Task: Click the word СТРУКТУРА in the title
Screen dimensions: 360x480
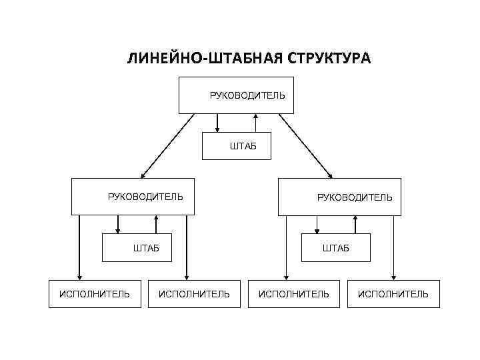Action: (x=329, y=59)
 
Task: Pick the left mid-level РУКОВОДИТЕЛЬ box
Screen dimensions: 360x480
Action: (x=133, y=197)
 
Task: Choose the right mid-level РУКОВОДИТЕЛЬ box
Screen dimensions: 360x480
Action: (x=339, y=197)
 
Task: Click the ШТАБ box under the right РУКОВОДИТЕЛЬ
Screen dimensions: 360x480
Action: (x=336, y=248)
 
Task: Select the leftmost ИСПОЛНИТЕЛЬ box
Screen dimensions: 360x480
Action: (x=95, y=294)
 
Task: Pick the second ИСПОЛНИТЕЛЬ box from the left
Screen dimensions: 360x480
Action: (x=193, y=294)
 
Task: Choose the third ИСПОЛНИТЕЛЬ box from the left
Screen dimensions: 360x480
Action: (x=293, y=294)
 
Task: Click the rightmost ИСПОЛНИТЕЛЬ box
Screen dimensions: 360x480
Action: (x=393, y=294)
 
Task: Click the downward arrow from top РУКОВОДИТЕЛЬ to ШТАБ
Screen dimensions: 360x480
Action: (x=217, y=123)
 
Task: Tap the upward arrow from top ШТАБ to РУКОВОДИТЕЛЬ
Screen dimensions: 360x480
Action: (x=256, y=123)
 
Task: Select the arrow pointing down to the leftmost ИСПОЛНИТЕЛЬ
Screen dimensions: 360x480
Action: (x=79, y=247)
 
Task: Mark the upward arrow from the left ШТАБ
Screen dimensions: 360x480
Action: (x=156, y=224)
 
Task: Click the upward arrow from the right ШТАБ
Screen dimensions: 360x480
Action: (x=355, y=224)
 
